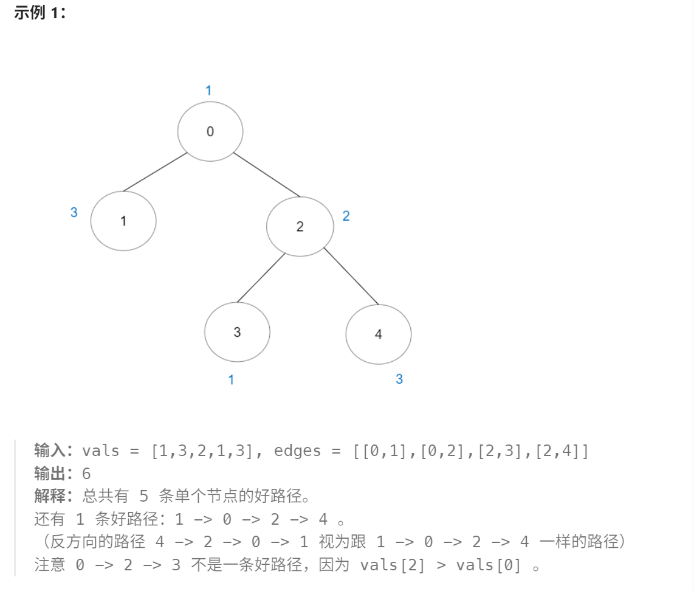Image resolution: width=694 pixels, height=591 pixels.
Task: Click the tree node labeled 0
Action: [x=210, y=131]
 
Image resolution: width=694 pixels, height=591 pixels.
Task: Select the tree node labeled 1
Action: [x=123, y=221]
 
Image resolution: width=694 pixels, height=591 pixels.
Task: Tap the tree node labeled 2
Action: [x=300, y=227]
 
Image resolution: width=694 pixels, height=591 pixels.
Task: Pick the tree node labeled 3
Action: [x=237, y=332]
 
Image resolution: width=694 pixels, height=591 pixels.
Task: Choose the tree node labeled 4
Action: [x=378, y=334]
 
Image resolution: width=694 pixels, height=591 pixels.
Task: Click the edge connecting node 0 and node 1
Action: [x=155, y=172]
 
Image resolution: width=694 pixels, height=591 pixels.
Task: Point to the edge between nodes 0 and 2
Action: [x=266, y=175]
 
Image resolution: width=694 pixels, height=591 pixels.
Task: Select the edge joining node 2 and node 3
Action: [x=261, y=278]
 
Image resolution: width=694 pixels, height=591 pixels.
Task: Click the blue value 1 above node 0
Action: [x=208, y=91]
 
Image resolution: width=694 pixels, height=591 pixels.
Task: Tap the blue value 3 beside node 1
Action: [x=74, y=213]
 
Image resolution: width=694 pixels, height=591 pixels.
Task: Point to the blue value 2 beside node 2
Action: [x=346, y=216]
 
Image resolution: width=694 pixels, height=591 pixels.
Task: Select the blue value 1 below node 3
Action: [x=231, y=380]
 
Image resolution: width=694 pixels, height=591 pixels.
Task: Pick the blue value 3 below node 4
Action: [x=399, y=379]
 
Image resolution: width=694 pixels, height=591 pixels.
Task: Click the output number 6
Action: [x=86, y=474]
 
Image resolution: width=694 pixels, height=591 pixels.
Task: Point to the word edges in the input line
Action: [x=297, y=451]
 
